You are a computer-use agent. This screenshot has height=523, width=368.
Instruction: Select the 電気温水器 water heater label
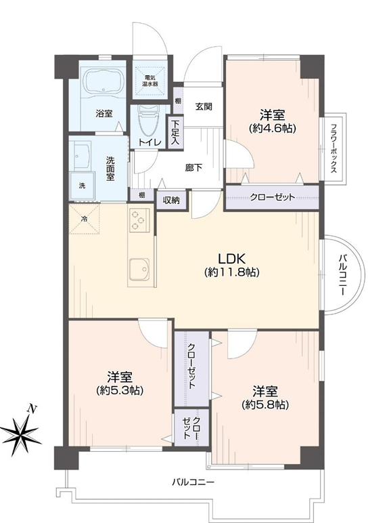149,81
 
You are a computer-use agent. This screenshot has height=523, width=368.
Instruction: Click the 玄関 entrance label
204,107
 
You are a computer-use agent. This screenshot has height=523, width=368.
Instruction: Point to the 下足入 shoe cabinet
175,132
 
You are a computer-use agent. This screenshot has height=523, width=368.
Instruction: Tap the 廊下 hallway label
193,167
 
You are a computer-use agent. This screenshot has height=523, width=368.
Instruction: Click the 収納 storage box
171,200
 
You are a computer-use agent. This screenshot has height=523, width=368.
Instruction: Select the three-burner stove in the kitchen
138,219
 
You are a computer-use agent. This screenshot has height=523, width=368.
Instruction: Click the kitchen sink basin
140,269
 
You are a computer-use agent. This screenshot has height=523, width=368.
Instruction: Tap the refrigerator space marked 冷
85,219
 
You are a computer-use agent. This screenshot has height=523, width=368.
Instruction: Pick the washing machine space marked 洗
82,186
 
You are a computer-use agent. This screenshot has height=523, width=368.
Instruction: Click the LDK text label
231,259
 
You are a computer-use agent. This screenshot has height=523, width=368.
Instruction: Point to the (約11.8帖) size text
232,272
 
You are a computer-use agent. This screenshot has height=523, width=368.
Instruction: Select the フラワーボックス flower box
333,149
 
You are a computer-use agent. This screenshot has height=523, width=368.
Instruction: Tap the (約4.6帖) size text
273,129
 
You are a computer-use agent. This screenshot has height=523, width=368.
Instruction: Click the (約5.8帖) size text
265,404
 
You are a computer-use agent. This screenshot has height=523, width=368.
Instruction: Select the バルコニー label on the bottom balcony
193,482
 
